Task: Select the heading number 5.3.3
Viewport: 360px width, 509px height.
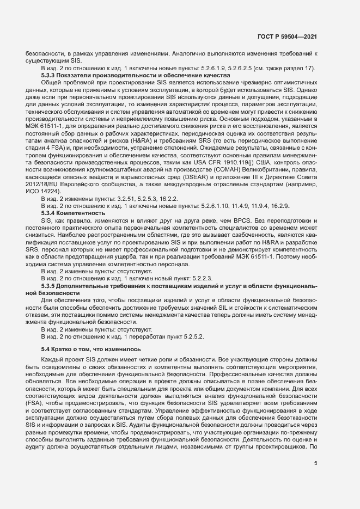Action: [50, 75]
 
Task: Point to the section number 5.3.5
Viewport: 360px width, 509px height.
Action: [50, 286]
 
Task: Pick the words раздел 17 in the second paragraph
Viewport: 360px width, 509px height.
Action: [295, 68]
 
